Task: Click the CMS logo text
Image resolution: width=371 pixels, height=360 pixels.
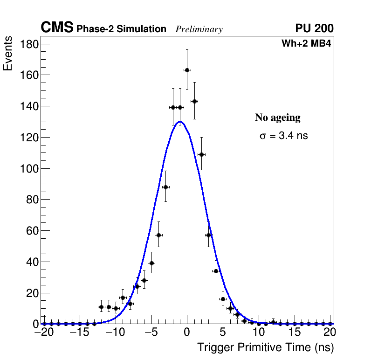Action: [x=57, y=28]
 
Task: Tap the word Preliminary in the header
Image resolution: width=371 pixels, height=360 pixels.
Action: [x=199, y=29]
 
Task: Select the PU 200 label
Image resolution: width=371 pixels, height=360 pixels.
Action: [x=314, y=28]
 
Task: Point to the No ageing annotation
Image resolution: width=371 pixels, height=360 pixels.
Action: [x=277, y=118]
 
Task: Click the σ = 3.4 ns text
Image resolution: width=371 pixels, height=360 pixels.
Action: [x=284, y=136]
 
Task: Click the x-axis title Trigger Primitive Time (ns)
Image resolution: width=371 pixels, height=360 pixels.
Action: [x=265, y=347]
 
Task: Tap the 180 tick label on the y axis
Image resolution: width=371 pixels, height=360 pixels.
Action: [x=29, y=44]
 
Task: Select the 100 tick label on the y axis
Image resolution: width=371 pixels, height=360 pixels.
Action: [x=29, y=168]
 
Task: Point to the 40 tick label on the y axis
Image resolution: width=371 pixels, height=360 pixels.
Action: [x=31, y=262]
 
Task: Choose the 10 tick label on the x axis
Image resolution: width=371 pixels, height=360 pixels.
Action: [x=258, y=333]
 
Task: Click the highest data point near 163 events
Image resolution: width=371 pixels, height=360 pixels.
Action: [x=187, y=70]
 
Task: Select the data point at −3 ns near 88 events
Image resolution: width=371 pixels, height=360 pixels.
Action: [x=165, y=187]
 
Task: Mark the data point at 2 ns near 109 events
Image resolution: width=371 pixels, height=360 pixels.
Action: [x=201, y=154]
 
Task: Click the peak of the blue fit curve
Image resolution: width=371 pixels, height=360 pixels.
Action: [x=180, y=122]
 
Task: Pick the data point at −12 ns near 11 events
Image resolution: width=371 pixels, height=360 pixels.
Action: [x=101, y=307]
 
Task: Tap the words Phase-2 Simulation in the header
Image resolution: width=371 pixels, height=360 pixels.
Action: [x=121, y=29]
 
